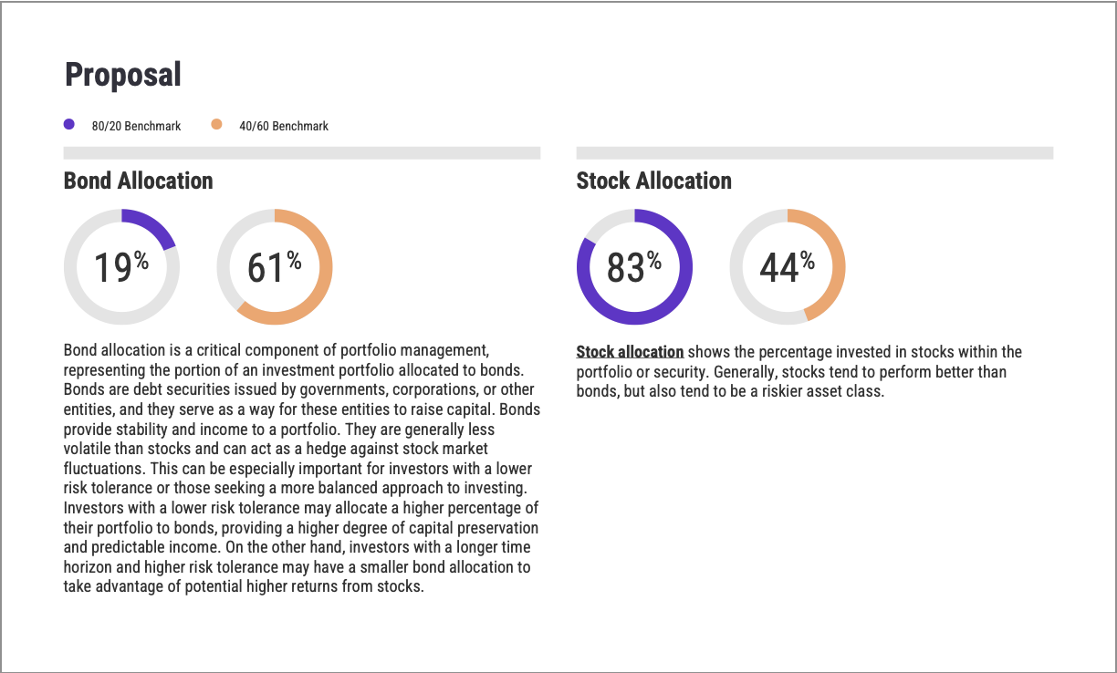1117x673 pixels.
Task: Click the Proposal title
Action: [x=122, y=75]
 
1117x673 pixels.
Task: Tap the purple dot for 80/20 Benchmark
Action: [x=69, y=125]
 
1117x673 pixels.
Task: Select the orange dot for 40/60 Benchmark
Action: [x=216, y=125]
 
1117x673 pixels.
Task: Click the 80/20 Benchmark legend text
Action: [x=136, y=126]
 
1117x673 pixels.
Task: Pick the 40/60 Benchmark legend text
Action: [x=283, y=126]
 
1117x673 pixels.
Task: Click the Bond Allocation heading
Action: [x=138, y=181]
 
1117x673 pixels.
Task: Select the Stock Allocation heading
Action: [x=653, y=181]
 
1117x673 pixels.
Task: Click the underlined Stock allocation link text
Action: [x=630, y=352]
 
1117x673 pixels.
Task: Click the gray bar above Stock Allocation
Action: [x=814, y=153]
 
